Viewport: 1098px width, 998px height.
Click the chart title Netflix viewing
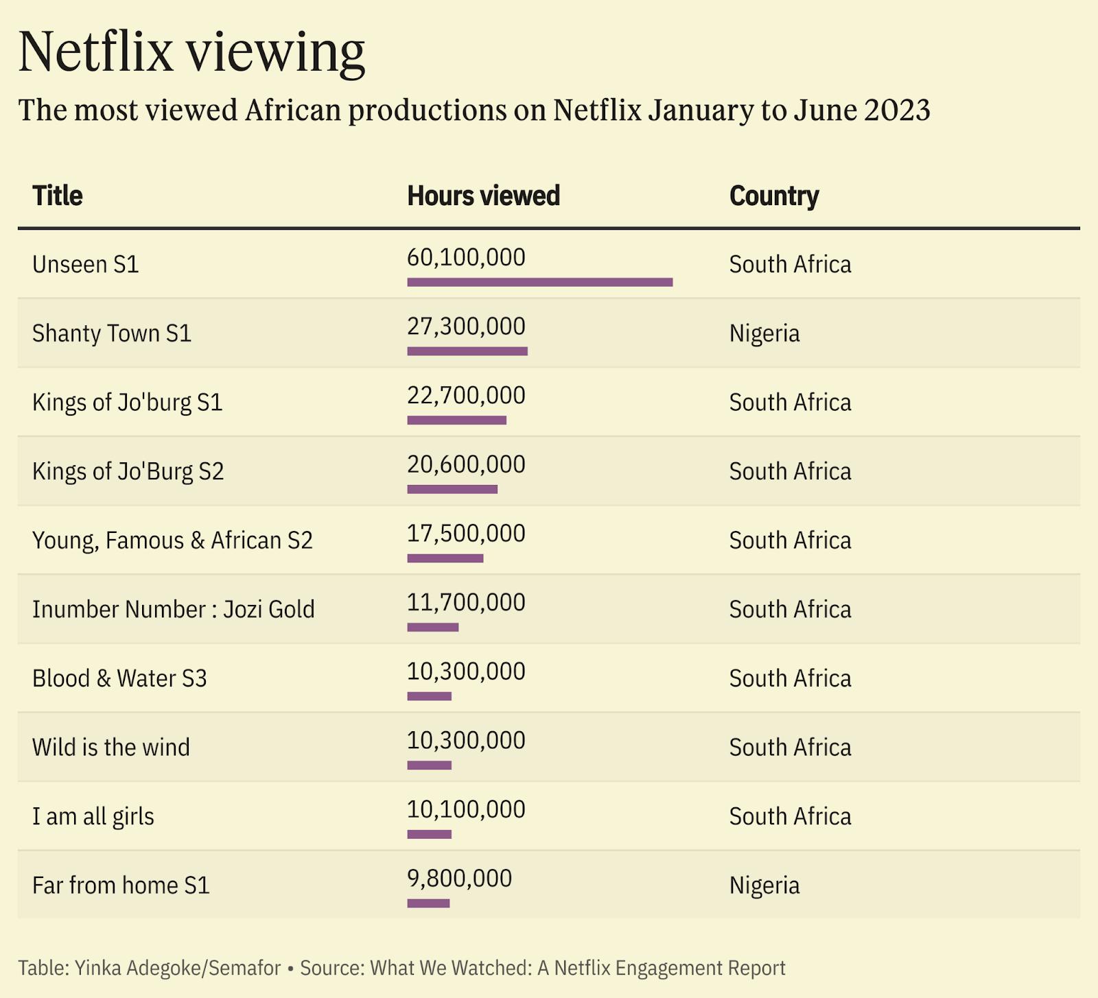191,52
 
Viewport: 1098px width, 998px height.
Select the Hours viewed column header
484,195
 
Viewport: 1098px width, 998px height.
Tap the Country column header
774,196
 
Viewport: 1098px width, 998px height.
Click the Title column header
58,195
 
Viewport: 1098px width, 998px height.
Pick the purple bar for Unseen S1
540,282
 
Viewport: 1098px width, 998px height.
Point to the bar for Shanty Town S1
467,351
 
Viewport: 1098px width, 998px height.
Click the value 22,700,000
466,395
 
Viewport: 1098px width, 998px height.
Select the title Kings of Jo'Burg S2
128,472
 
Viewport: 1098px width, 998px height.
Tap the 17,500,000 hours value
466,533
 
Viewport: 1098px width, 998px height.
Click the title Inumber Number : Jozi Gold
174,609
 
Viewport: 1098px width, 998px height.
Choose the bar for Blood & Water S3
430,696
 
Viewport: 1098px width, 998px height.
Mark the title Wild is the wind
111,747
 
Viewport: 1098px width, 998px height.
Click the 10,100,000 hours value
466,809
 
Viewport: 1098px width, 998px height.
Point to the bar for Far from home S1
428,903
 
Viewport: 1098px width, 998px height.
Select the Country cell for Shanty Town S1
764,334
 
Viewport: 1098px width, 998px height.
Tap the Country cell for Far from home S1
764,886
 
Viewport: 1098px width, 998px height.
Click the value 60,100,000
466,257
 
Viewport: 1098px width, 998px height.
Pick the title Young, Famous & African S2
172,540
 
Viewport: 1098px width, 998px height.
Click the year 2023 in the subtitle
897,110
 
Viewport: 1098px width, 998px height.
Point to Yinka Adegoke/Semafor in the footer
178,968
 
